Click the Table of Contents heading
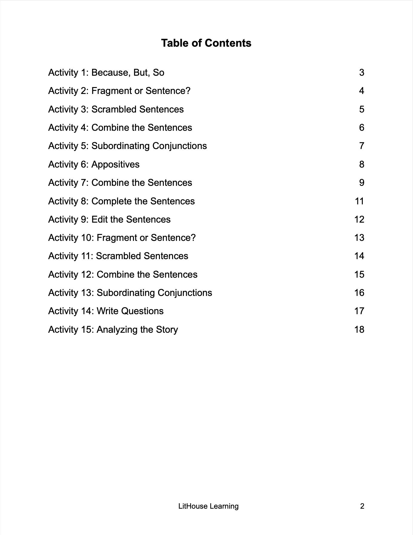click(x=206, y=43)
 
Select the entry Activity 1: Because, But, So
click(x=106, y=73)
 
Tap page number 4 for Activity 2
click(x=362, y=91)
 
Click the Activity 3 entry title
click(x=116, y=110)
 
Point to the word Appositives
click(x=115, y=165)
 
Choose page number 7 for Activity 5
click(x=362, y=146)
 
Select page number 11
click(x=360, y=201)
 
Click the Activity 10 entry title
click(x=122, y=238)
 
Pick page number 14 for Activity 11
click(x=359, y=256)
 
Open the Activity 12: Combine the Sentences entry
click(x=123, y=275)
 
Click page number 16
click(x=359, y=293)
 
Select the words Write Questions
click(x=130, y=311)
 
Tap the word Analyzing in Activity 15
click(x=117, y=330)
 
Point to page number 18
click(x=359, y=330)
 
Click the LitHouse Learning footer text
click(x=208, y=506)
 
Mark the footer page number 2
click(x=362, y=506)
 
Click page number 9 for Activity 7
click(x=362, y=183)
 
